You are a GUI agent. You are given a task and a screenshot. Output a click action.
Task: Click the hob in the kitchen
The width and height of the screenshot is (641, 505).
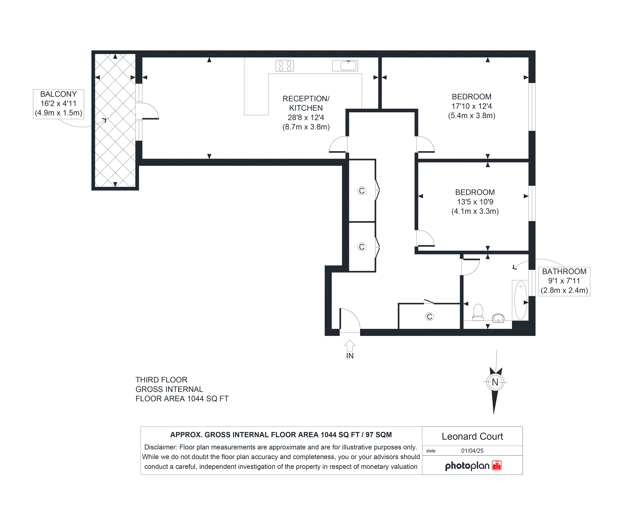[x=285, y=66]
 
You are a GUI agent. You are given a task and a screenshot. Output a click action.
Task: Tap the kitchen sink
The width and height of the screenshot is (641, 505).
[x=345, y=66]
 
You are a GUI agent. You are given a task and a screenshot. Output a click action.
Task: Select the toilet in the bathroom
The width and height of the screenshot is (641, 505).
[x=478, y=312]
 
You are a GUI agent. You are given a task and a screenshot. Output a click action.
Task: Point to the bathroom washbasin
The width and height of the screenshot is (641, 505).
[x=498, y=318]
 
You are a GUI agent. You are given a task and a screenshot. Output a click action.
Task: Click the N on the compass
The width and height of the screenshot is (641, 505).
[x=495, y=382]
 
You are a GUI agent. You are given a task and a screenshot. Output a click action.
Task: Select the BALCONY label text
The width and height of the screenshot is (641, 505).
[x=58, y=94]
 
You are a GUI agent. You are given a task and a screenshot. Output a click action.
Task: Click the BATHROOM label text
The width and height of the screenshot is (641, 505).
[x=564, y=271]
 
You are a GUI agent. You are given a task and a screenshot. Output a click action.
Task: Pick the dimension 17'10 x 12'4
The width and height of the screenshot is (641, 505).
[x=472, y=106]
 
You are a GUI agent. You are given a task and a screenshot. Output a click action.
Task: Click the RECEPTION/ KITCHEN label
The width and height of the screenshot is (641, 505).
[x=306, y=103]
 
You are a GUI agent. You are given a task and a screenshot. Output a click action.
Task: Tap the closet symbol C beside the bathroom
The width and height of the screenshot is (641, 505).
[x=430, y=317]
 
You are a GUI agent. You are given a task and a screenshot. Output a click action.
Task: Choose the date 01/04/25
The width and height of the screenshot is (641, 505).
[x=472, y=451]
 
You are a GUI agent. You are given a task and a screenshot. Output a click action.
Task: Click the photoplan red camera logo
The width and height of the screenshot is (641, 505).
[x=497, y=465]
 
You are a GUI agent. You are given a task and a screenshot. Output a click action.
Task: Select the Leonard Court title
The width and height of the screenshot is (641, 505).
[x=472, y=436]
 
